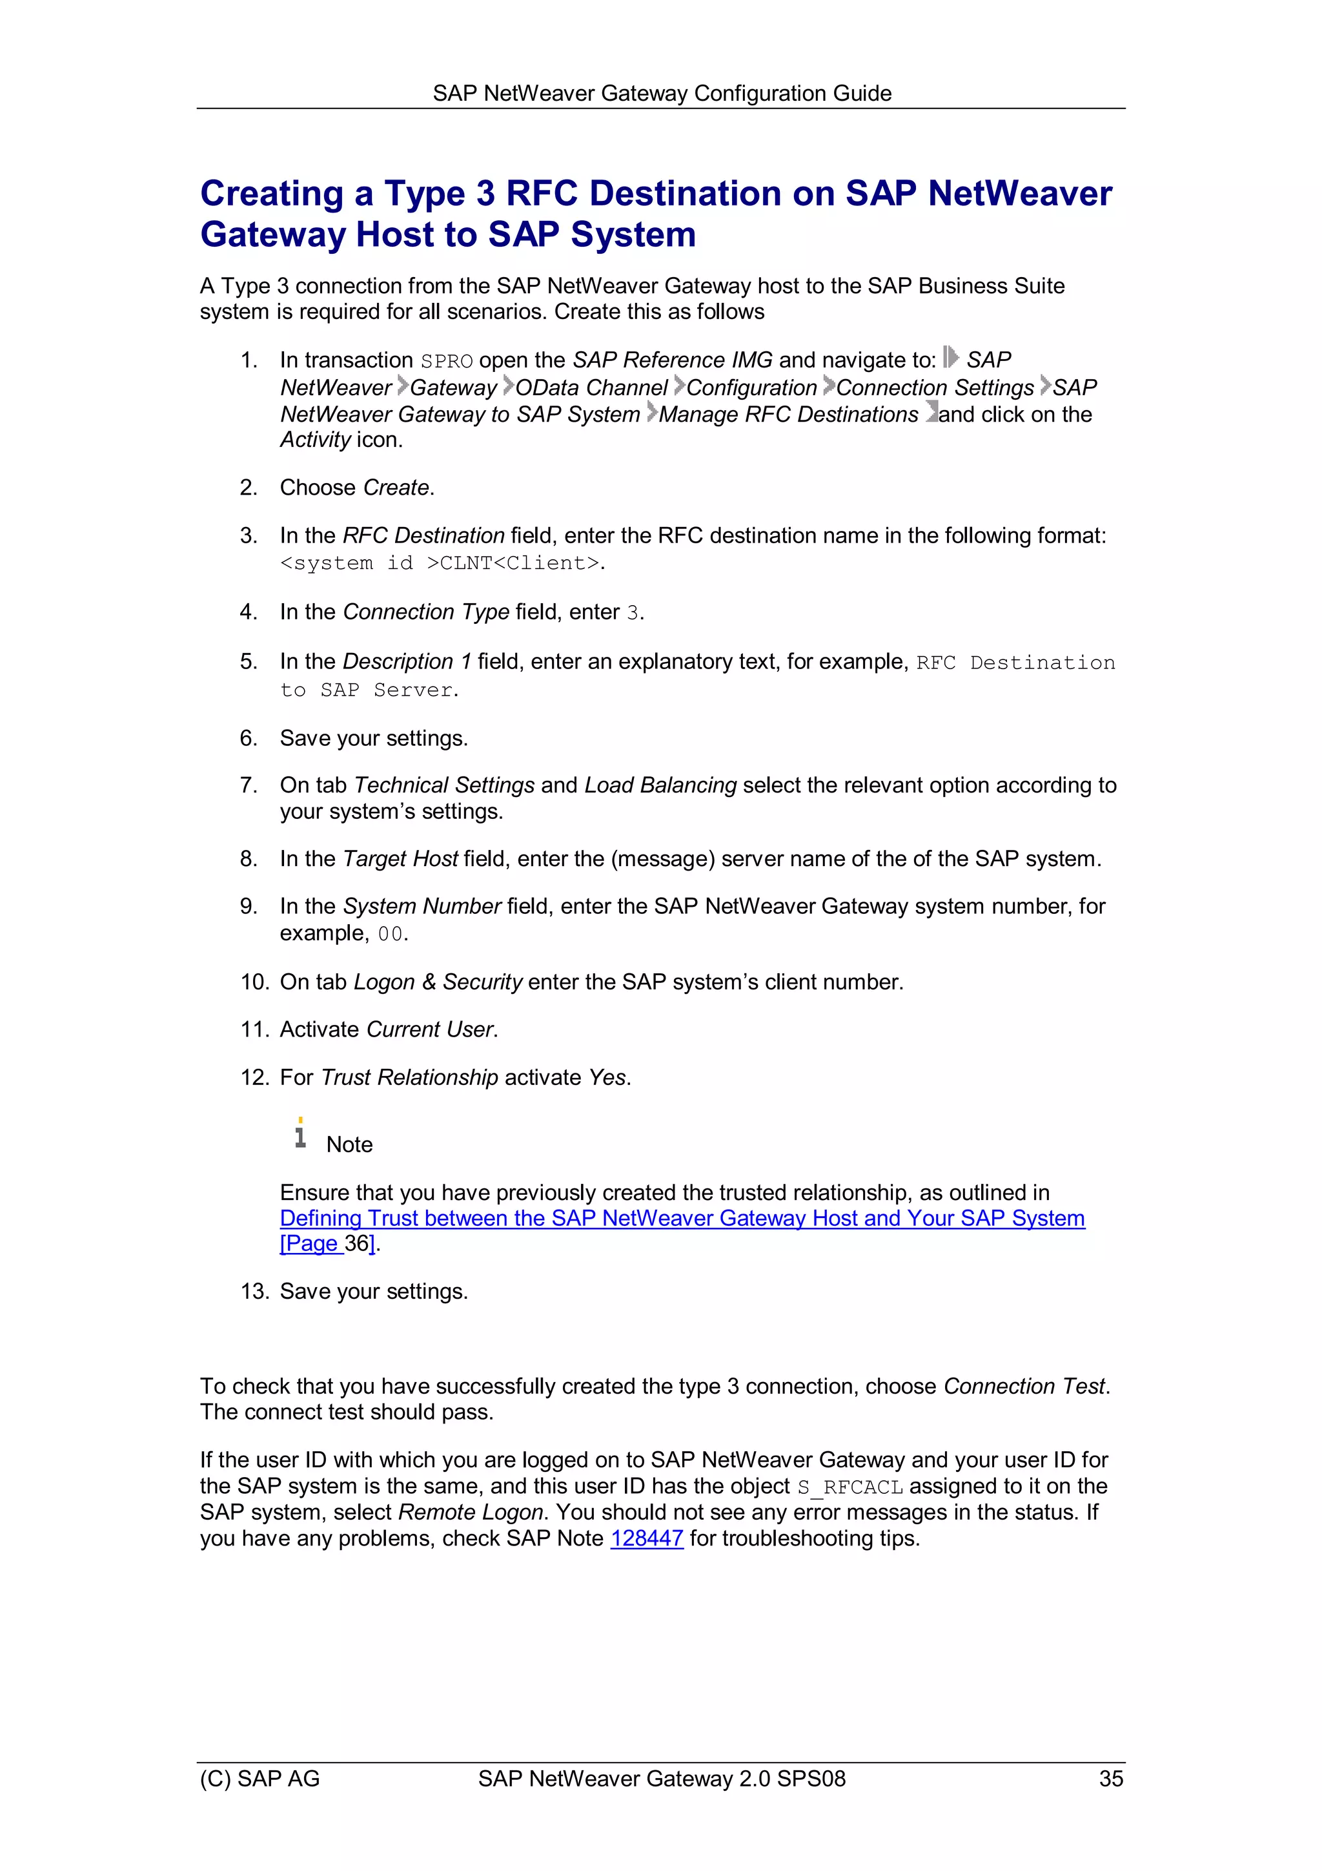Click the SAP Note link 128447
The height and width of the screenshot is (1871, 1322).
point(646,1538)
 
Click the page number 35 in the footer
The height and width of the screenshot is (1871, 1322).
point(1110,1778)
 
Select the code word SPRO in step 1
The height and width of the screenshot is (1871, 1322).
point(446,361)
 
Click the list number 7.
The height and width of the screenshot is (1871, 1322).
point(249,785)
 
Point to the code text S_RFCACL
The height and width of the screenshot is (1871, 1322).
point(849,1487)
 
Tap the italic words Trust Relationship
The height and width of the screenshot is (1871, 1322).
point(410,1077)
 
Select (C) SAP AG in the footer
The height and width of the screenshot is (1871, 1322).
point(260,1778)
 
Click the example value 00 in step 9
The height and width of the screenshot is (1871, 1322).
point(390,934)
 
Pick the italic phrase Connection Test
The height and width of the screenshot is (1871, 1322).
point(1024,1386)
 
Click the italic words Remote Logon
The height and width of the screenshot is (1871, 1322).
point(470,1512)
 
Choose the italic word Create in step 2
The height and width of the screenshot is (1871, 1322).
point(396,488)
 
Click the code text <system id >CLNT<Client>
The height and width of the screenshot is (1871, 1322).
point(440,563)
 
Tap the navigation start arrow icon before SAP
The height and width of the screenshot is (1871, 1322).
point(950,358)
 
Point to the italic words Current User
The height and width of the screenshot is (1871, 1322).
point(430,1029)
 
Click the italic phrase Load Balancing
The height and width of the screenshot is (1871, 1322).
point(660,785)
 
